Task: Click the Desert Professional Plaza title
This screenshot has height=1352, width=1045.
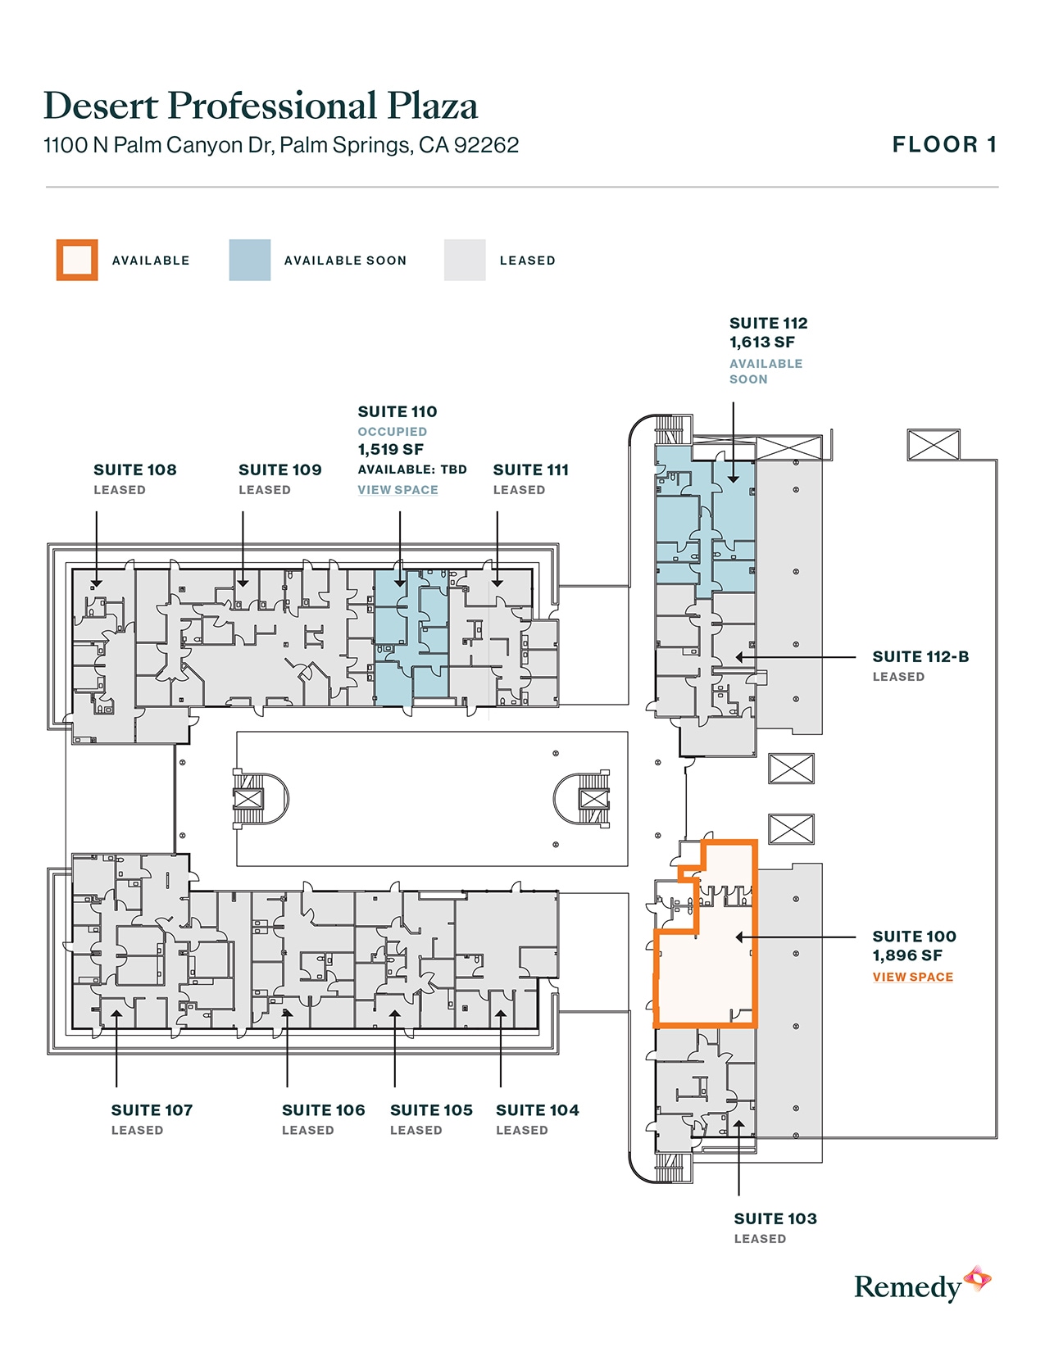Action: click(x=260, y=107)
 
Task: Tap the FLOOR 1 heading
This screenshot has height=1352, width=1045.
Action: click(x=944, y=145)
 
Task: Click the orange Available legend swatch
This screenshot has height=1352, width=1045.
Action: click(x=77, y=260)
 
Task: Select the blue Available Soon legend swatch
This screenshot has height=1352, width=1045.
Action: click(x=250, y=260)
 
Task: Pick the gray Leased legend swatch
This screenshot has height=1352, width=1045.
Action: click(x=465, y=260)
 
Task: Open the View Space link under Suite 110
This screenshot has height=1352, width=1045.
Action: click(x=398, y=490)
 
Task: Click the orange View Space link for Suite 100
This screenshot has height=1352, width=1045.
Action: click(x=912, y=977)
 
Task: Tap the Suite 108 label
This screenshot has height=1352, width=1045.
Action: click(x=135, y=470)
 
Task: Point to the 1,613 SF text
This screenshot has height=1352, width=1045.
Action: click(x=761, y=343)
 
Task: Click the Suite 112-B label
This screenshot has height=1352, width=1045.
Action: click(x=920, y=656)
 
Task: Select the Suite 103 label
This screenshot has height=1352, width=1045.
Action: click(x=775, y=1218)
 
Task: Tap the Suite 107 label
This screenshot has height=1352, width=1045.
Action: click(x=152, y=1109)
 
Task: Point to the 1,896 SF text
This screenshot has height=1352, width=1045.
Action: click(x=906, y=955)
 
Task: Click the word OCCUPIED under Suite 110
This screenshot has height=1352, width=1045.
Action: click(x=392, y=431)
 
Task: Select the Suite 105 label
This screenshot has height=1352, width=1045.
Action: click(x=431, y=1109)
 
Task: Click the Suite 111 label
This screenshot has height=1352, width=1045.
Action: click(x=530, y=470)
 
